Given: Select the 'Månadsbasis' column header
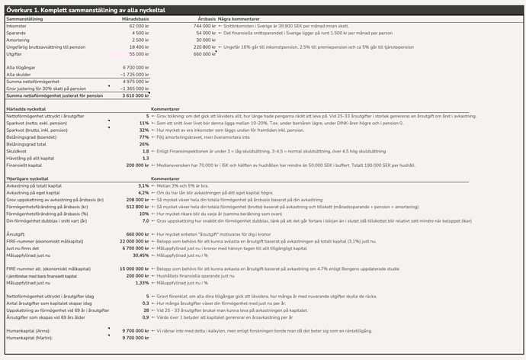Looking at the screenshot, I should (x=133, y=19).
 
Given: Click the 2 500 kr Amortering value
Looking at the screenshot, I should (x=138, y=40).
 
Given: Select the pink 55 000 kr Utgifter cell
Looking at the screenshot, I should (x=135, y=54).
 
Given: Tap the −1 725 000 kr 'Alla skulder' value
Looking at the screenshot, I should (x=133, y=74).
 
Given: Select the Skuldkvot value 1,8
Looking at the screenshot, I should (x=145, y=151).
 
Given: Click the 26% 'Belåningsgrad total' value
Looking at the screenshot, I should (x=144, y=143).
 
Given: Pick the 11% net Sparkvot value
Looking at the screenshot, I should (x=144, y=123).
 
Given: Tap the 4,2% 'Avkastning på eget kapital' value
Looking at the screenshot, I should (x=143, y=192).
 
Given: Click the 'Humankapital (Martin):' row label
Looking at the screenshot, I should (x=30, y=336).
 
